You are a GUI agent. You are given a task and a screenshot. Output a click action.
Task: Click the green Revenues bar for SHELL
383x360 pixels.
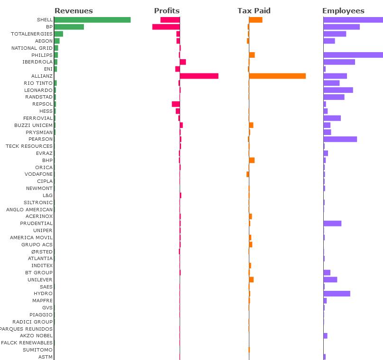[92, 20]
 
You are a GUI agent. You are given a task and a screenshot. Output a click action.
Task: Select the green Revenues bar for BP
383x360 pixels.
[69, 27]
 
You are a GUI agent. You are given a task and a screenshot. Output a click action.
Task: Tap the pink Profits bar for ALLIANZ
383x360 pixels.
[199, 76]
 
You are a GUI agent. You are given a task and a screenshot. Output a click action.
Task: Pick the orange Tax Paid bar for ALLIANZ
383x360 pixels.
[277, 76]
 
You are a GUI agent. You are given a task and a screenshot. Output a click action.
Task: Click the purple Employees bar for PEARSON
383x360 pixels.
[340, 139]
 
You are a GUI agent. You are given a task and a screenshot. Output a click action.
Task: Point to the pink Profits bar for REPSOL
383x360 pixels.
[176, 104]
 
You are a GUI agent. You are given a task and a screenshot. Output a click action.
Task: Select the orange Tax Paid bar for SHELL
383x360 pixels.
[255, 20]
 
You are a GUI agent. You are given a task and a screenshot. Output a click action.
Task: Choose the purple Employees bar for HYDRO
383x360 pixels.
[337, 294]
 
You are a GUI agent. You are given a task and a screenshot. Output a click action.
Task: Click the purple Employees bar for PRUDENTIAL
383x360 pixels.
[332, 224]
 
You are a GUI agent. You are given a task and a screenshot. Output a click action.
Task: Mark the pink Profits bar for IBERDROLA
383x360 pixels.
[183, 62]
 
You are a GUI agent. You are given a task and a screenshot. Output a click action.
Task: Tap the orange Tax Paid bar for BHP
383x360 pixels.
[252, 160]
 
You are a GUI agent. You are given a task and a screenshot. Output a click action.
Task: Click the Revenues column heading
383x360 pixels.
[73, 10]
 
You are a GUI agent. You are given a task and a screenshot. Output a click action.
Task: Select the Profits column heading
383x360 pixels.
[167, 10]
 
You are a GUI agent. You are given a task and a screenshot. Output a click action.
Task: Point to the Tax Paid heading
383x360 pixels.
[254, 10]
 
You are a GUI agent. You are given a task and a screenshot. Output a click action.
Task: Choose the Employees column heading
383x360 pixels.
[343, 10]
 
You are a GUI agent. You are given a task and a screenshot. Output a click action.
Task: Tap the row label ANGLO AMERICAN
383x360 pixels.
[29, 209]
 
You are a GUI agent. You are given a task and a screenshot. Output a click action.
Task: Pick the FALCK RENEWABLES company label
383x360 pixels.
[27, 343]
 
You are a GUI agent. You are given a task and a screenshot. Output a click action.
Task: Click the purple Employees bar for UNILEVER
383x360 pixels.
[330, 279]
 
